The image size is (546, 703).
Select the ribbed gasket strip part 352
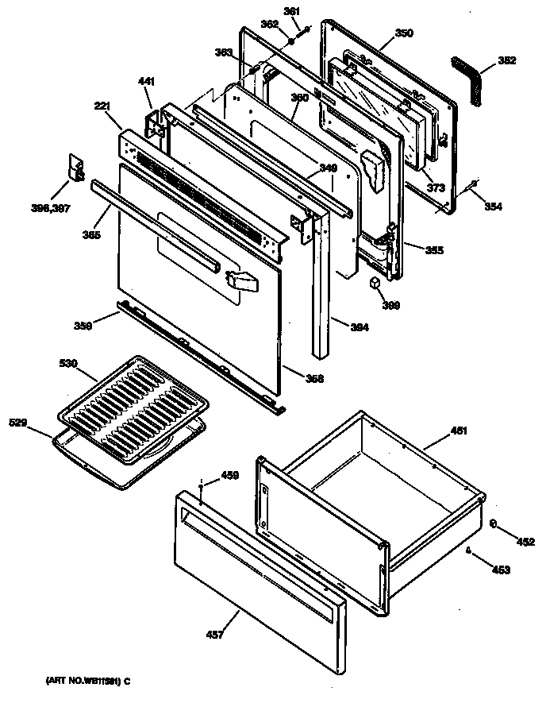pyautogui.click(x=471, y=79)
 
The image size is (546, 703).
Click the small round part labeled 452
pyautogui.click(x=494, y=523)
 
